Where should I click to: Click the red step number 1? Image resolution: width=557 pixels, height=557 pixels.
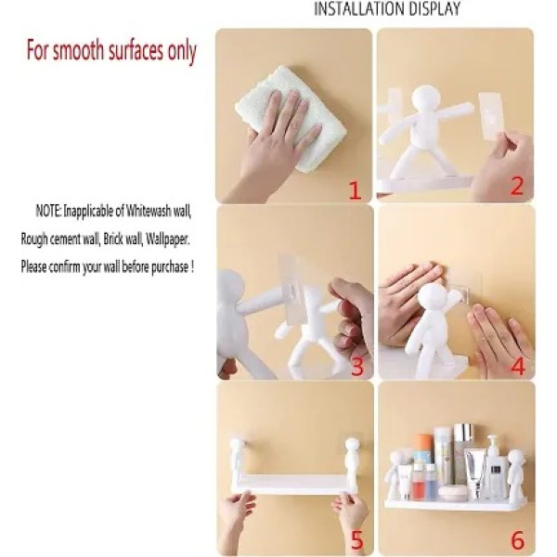(354, 191)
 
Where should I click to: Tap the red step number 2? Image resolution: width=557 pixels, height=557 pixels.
(517, 186)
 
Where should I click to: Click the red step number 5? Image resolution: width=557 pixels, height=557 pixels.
(356, 540)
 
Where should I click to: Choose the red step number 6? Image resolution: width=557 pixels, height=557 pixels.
(517, 540)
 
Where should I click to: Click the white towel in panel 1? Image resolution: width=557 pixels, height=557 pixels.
(290, 116)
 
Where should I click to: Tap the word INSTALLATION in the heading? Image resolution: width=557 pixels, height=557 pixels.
(357, 9)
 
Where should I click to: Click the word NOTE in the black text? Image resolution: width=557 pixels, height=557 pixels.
(49, 213)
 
